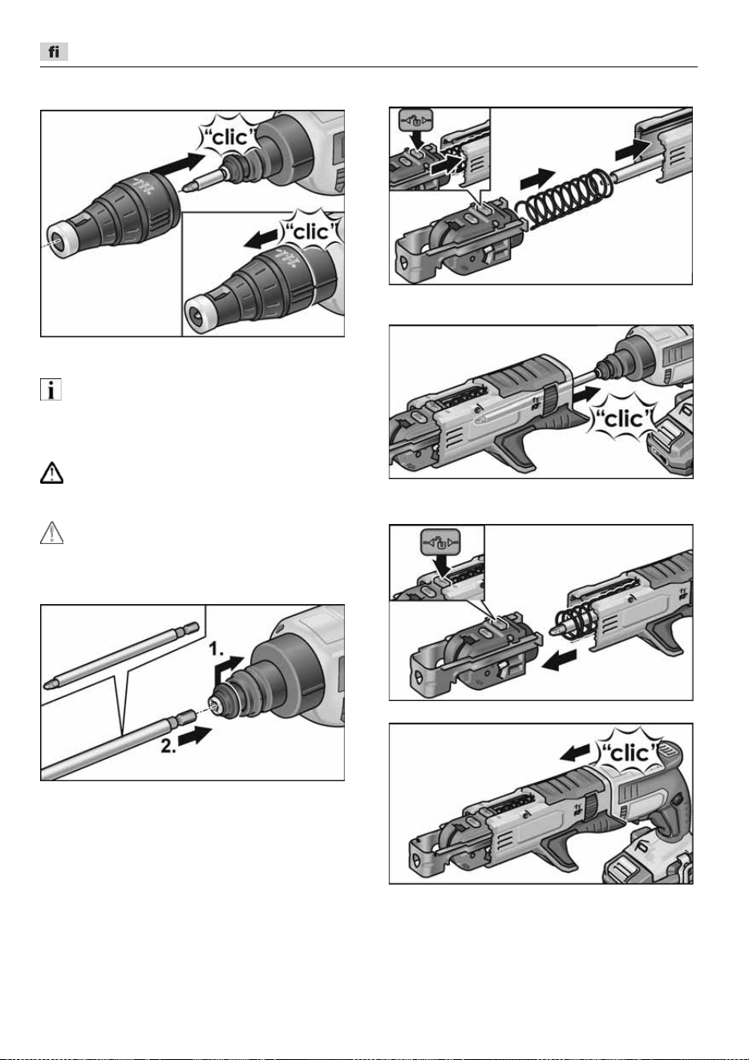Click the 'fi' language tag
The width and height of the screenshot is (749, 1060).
(x=54, y=51)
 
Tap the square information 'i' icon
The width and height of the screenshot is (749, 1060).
(x=51, y=389)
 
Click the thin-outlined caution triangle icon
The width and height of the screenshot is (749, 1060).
(x=51, y=532)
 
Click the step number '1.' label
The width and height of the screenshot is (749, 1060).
(x=217, y=650)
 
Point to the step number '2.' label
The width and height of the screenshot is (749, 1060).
(x=168, y=746)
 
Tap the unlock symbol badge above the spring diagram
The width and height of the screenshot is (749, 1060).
(x=416, y=122)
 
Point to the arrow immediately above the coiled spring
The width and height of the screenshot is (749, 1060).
(x=537, y=179)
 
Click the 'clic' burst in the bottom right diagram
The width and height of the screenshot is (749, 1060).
(x=630, y=753)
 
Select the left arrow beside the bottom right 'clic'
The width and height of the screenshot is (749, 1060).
(x=576, y=752)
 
